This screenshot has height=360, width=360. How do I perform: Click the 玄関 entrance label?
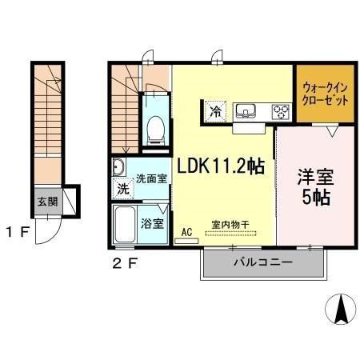coord(44,200)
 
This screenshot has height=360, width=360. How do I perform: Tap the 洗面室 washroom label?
coord(150,178)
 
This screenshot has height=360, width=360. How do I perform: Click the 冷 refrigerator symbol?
coord(215,113)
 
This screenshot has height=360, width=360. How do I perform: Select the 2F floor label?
coord(117,260)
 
